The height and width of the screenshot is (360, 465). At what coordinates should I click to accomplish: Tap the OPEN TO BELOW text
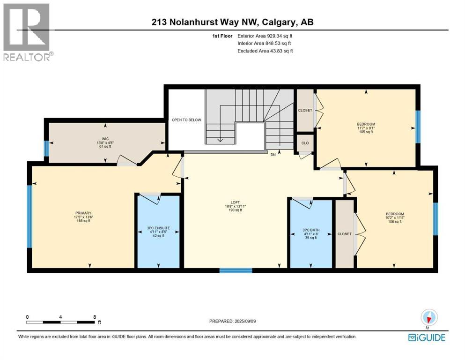[186, 120]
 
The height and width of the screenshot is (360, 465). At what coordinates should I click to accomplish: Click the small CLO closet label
[304, 143]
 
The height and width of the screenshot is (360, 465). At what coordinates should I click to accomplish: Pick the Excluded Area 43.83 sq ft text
[265, 51]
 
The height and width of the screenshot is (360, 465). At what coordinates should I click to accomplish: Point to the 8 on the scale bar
[95, 317]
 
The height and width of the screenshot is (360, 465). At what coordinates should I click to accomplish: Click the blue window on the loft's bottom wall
[236, 270]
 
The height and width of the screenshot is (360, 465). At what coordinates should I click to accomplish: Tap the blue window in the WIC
[46, 149]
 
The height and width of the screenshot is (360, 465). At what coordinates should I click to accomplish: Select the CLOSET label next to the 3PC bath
[344, 234]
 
